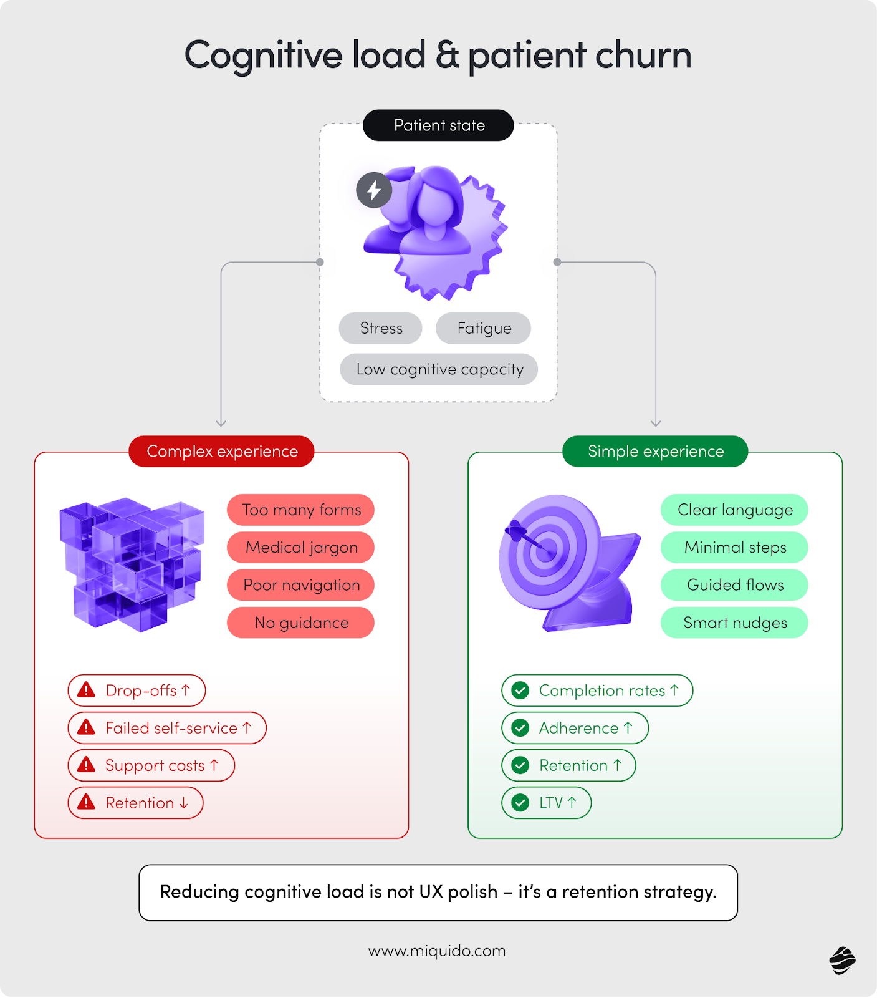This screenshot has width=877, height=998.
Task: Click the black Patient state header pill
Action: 438,125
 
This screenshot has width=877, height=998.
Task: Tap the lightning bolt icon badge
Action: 374,190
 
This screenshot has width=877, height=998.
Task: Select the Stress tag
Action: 381,328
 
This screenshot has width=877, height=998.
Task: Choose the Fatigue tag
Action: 484,328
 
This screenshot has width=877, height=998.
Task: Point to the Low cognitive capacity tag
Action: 439,369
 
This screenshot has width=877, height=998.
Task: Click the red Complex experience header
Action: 222,451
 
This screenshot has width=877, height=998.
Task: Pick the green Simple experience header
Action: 655,451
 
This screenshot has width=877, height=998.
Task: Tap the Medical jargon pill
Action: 301,548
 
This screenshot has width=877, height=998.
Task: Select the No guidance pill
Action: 301,623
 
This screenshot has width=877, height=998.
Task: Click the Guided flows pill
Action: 734,585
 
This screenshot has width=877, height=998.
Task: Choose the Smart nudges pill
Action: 734,623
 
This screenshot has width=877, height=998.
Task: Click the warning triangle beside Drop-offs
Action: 86,690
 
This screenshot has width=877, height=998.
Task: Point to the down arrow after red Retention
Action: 184,803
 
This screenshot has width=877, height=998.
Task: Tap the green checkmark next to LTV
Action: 520,803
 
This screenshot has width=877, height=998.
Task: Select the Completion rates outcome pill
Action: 597,690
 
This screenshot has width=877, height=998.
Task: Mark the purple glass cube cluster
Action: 132,563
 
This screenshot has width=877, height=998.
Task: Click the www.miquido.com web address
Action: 437,951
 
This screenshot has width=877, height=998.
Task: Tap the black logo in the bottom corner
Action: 842,961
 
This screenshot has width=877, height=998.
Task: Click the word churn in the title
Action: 643,55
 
